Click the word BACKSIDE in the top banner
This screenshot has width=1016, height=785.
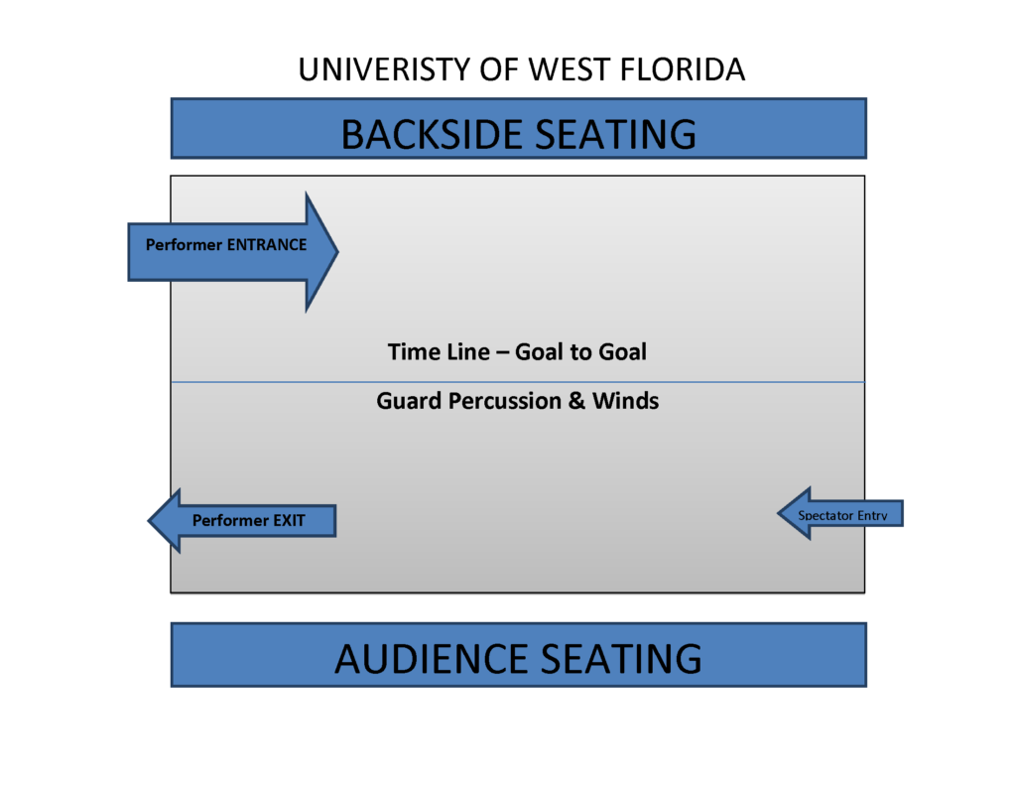click(432, 134)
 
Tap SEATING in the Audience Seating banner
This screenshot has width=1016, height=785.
click(619, 659)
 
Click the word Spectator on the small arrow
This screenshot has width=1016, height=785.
click(829, 515)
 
